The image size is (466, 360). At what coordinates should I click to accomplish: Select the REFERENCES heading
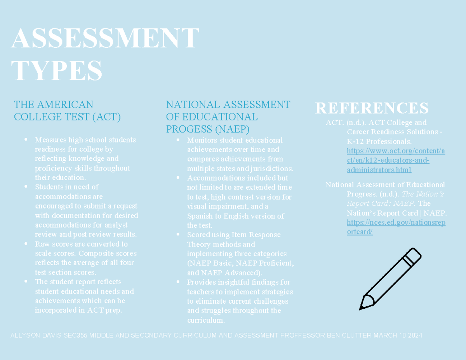372,108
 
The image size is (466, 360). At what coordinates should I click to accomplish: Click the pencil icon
389,279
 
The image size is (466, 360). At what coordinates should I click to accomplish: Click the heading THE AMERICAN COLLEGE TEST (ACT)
67,110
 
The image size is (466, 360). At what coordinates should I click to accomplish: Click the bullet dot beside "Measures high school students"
26,139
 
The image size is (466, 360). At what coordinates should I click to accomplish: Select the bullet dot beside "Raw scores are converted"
26,244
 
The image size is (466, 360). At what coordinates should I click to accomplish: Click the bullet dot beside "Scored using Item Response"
178,235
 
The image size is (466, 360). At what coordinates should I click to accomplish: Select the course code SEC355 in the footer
75,335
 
